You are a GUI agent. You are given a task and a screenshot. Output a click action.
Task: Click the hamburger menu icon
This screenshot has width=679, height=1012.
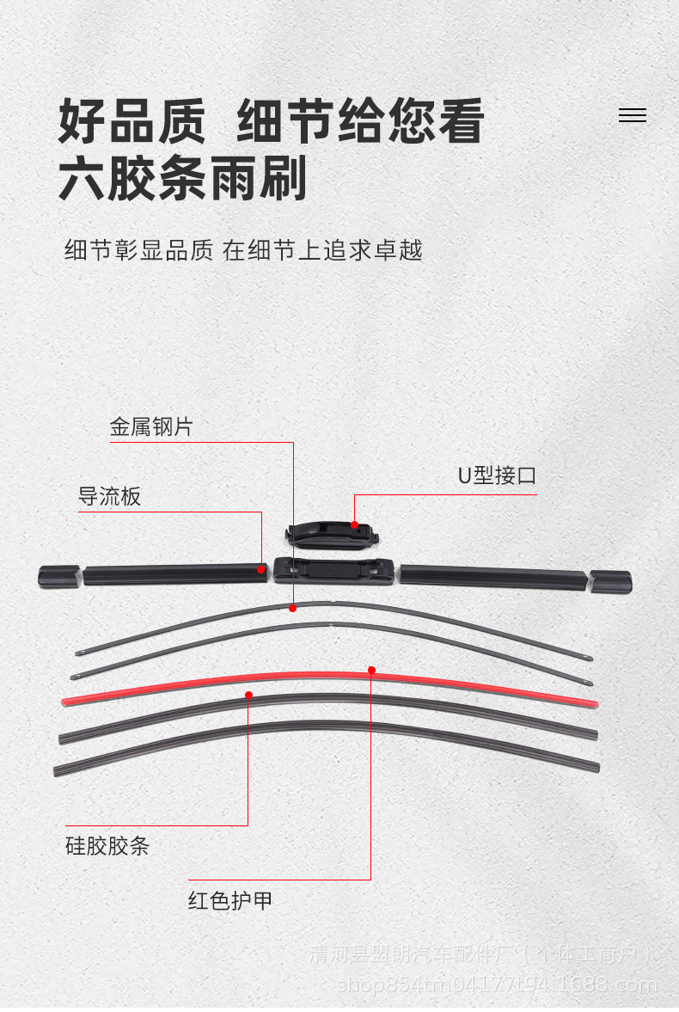(632, 116)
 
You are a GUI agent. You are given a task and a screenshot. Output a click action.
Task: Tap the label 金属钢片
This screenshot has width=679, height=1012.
(151, 427)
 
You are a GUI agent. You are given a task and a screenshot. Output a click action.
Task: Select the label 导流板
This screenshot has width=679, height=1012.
(109, 497)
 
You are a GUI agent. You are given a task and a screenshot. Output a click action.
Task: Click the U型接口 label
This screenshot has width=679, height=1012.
(497, 475)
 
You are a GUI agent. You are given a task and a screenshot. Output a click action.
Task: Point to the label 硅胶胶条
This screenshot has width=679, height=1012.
(107, 846)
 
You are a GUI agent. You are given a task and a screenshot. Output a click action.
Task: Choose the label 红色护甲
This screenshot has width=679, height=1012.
(230, 901)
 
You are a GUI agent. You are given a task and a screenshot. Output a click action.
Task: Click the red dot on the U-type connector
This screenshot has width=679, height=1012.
(354, 524)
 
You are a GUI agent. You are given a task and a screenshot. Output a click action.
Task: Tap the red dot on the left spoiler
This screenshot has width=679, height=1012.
(261, 568)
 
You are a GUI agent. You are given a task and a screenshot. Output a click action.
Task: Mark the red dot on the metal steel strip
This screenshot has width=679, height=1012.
(292, 608)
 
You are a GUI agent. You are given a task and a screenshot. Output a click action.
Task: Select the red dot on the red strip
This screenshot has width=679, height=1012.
(371, 670)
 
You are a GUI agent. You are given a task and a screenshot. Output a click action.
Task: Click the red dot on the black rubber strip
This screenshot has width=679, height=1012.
(248, 695)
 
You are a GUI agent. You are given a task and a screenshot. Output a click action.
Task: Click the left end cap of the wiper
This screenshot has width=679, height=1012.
(58, 576)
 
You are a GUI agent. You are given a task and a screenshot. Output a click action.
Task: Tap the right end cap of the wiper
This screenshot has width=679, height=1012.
(610, 581)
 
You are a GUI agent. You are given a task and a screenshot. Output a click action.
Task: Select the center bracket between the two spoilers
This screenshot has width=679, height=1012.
(333, 570)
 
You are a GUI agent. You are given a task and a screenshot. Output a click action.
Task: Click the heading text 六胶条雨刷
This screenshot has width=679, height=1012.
(182, 179)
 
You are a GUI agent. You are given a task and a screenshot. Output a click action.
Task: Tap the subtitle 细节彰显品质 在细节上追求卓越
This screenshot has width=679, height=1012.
(243, 250)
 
